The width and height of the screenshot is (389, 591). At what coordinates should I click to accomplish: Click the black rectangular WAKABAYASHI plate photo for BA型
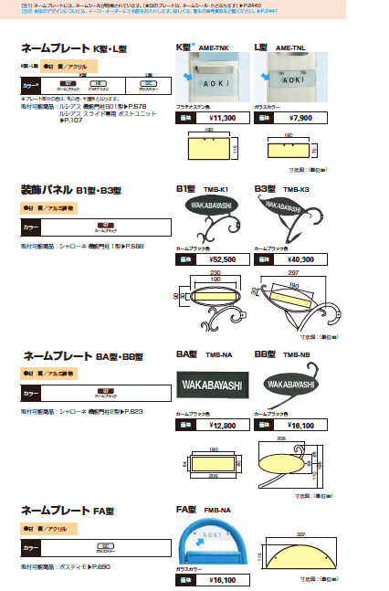[x=209, y=386]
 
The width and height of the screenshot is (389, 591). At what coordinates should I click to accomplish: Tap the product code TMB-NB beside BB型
[x=295, y=354]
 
